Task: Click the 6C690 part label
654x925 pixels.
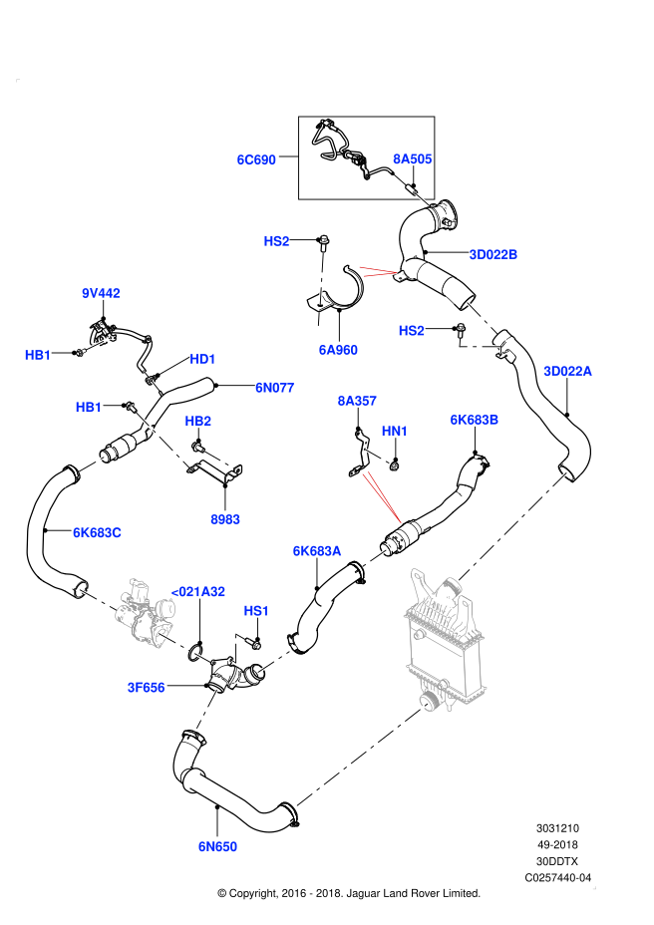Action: click(256, 159)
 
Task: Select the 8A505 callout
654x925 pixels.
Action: click(413, 158)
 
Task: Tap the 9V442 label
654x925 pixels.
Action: click(101, 293)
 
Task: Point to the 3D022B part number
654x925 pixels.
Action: click(493, 254)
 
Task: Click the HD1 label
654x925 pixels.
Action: click(202, 359)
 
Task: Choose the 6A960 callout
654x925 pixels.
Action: click(338, 350)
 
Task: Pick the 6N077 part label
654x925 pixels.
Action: click(275, 388)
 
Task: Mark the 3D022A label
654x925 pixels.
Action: click(567, 371)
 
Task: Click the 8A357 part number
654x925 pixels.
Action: click(357, 401)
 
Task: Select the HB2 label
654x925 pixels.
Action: click(198, 421)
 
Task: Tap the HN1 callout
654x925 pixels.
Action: click(395, 431)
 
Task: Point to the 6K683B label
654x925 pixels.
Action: click(475, 420)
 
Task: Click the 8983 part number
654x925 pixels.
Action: click(225, 519)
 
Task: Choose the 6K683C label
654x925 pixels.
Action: click(97, 532)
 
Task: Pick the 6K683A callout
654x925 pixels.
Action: click(317, 551)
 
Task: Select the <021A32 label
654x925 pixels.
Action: click(198, 591)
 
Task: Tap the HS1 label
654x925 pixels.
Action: click(256, 611)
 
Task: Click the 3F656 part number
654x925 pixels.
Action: click(146, 688)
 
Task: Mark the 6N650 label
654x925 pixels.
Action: click(217, 846)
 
